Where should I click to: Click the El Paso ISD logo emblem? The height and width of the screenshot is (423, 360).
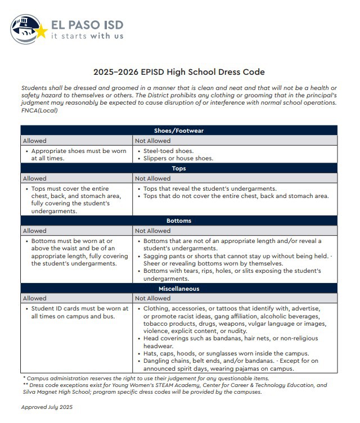pos(27,29)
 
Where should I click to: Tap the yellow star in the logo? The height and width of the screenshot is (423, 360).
pos(41,31)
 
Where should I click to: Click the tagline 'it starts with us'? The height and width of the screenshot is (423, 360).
pos(87,36)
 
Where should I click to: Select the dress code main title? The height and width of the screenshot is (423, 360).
pos(179,73)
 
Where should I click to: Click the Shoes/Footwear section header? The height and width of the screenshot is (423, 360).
pos(179,130)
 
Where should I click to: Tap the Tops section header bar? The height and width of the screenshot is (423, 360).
pos(179,168)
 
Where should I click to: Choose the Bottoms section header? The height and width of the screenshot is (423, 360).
pos(179,220)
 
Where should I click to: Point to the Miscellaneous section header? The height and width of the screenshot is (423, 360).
pos(179,289)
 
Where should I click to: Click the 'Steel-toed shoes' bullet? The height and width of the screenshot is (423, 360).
pos(169,151)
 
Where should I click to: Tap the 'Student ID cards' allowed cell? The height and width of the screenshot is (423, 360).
pos(77,312)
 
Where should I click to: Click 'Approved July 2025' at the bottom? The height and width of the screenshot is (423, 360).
pos(47,407)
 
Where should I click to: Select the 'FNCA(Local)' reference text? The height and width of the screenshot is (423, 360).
pos(39,110)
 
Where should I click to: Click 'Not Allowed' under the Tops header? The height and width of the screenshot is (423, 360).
pos(153,178)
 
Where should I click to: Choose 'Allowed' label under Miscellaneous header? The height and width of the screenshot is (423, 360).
pos(34,298)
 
